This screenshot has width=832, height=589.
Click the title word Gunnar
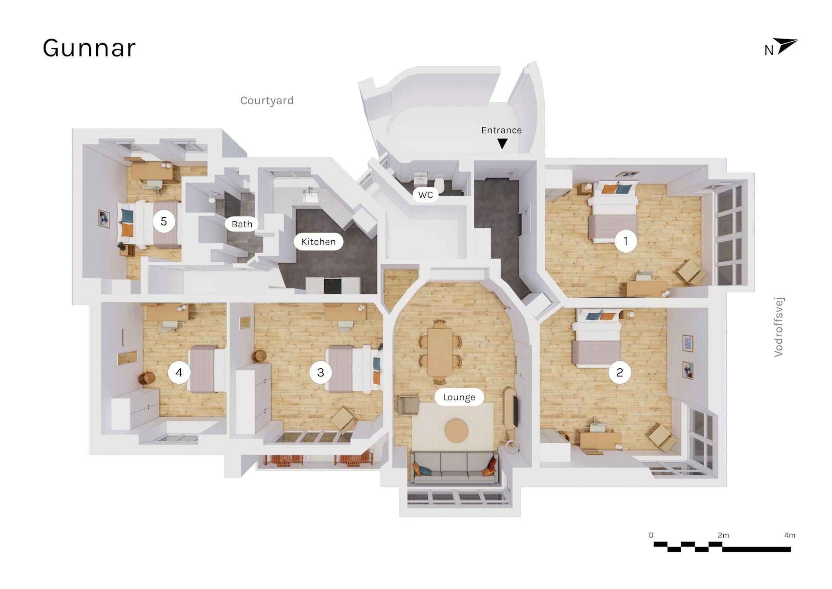click(89, 48)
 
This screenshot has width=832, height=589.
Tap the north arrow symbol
click(786, 46)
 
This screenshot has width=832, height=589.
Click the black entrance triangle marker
click(502, 144)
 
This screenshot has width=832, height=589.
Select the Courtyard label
click(267, 101)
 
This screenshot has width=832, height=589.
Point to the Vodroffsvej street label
click(779, 327)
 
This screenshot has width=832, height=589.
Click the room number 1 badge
click(626, 241)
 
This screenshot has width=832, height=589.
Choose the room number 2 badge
click(620, 372)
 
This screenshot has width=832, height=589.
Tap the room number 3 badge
click(321, 372)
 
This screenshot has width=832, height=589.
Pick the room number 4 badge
click(179, 372)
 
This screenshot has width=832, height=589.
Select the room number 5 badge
click(164, 221)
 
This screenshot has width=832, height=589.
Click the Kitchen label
click(318, 242)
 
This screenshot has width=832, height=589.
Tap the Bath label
click(242, 224)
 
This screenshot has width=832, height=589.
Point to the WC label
click(426, 195)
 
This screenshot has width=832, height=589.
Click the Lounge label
click(459, 397)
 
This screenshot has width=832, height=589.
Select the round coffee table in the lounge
click(457, 431)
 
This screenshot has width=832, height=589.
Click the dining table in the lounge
click(440, 352)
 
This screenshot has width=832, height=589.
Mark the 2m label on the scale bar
click(723, 535)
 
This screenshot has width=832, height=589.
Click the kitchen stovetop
click(333, 285)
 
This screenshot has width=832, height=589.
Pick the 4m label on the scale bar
click(790, 535)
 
